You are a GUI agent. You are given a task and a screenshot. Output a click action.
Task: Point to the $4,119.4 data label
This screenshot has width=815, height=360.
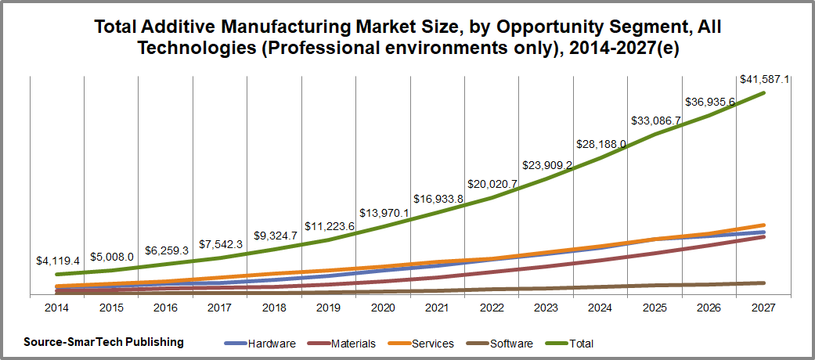coord(58,261)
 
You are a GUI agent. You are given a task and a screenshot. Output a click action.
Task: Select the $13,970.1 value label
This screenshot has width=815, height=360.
coord(384,213)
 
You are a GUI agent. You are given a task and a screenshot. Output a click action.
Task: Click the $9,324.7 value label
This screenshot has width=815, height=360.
coord(275,236)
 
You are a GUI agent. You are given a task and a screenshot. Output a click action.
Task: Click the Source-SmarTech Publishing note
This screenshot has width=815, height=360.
coord(103,342)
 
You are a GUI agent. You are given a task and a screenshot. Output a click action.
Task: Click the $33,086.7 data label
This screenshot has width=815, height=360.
coord(655,121)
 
